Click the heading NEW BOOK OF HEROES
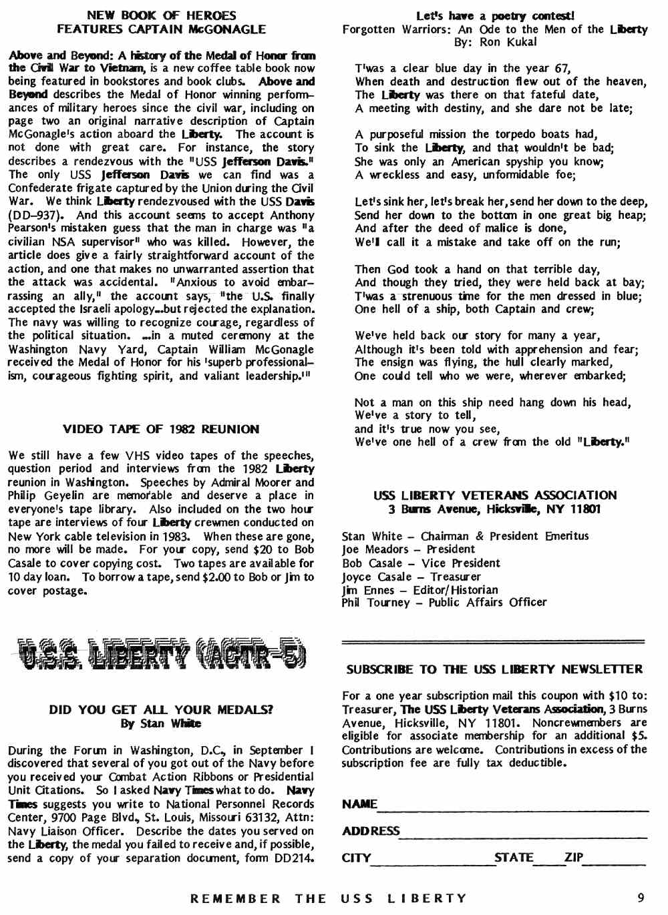click(x=161, y=15)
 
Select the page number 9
click(x=641, y=898)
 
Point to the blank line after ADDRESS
click(x=523, y=836)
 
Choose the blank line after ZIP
click(x=615, y=863)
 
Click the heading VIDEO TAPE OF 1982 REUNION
click(x=161, y=429)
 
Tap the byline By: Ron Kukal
click(x=495, y=42)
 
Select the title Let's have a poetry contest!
click(x=495, y=15)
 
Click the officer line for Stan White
click(x=465, y=536)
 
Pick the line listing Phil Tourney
click(x=444, y=603)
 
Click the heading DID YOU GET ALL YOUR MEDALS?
click(x=161, y=710)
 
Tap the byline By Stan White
click(x=161, y=723)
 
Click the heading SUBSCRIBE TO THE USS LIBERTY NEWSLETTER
click(x=494, y=669)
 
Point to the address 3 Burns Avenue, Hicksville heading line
click(x=495, y=509)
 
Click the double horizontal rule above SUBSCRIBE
click(x=493, y=642)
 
